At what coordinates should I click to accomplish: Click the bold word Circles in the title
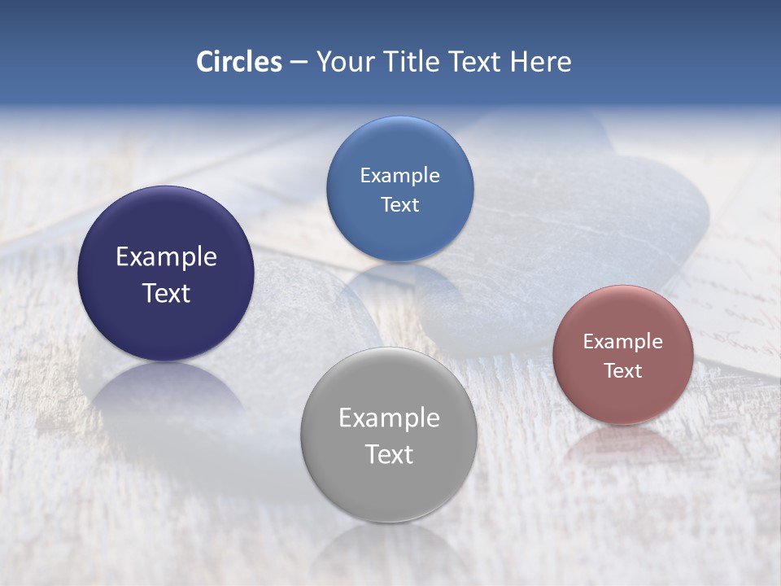coord(238,61)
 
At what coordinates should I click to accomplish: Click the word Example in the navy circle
coord(166,257)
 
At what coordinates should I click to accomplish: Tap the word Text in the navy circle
coord(166,293)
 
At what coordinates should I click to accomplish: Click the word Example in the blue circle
coord(399,175)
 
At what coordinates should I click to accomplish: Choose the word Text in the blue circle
coord(399,204)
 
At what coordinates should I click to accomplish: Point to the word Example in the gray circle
coord(389,418)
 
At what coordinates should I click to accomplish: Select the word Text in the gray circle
coord(389,454)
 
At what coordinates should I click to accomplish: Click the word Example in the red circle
coord(623,341)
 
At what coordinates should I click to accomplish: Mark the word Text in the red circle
coord(623,371)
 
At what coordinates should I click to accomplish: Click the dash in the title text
coord(299,63)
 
